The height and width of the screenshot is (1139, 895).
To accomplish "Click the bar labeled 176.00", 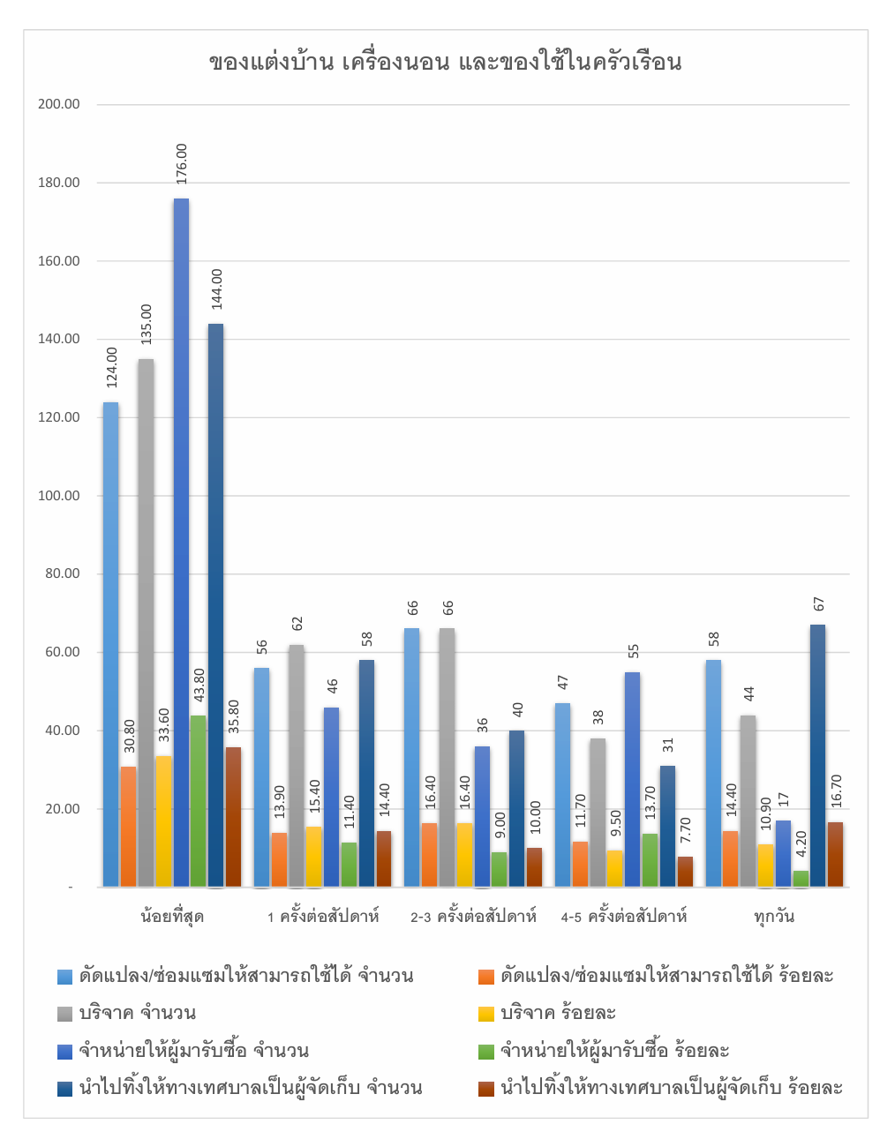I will tap(181, 542).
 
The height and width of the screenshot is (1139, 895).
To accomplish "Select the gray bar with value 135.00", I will tap(146, 622).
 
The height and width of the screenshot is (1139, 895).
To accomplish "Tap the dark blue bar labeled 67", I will tap(817, 755).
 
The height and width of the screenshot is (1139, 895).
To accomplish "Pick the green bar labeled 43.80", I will tap(199, 800).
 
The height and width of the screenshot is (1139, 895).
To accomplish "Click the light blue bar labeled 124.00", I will tap(110, 644).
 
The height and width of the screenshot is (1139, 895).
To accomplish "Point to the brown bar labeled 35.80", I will tap(233, 816).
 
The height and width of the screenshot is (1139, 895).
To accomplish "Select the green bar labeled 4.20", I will tap(801, 879).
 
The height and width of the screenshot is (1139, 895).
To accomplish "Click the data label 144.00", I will tap(216, 288).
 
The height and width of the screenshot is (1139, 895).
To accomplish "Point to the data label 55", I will tap(633, 652).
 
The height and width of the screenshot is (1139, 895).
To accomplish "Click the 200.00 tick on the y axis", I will tap(59, 104).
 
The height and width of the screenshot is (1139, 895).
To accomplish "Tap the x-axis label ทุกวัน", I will tap(774, 916).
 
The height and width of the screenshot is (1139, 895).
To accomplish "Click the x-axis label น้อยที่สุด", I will tap(172, 916).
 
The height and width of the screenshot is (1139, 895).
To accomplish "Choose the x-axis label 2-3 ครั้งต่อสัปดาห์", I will tap(473, 917).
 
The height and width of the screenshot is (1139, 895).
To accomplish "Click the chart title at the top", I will tap(446, 62).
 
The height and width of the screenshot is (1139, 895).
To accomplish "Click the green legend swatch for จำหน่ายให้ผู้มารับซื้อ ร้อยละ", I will tap(485, 1051).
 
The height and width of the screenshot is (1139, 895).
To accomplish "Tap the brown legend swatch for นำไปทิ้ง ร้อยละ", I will tap(485, 1088).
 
